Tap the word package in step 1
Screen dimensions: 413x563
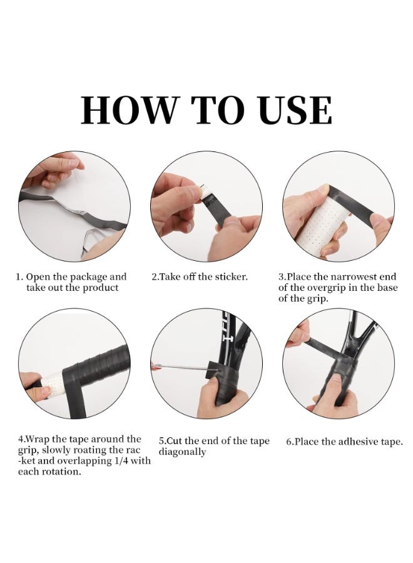tap(88, 277)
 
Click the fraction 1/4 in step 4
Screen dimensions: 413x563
tap(117, 460)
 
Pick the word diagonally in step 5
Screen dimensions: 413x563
tap(182, 452)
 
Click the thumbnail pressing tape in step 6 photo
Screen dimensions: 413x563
tap(336, 378)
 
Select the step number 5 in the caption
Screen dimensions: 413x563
tap(161, 441)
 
